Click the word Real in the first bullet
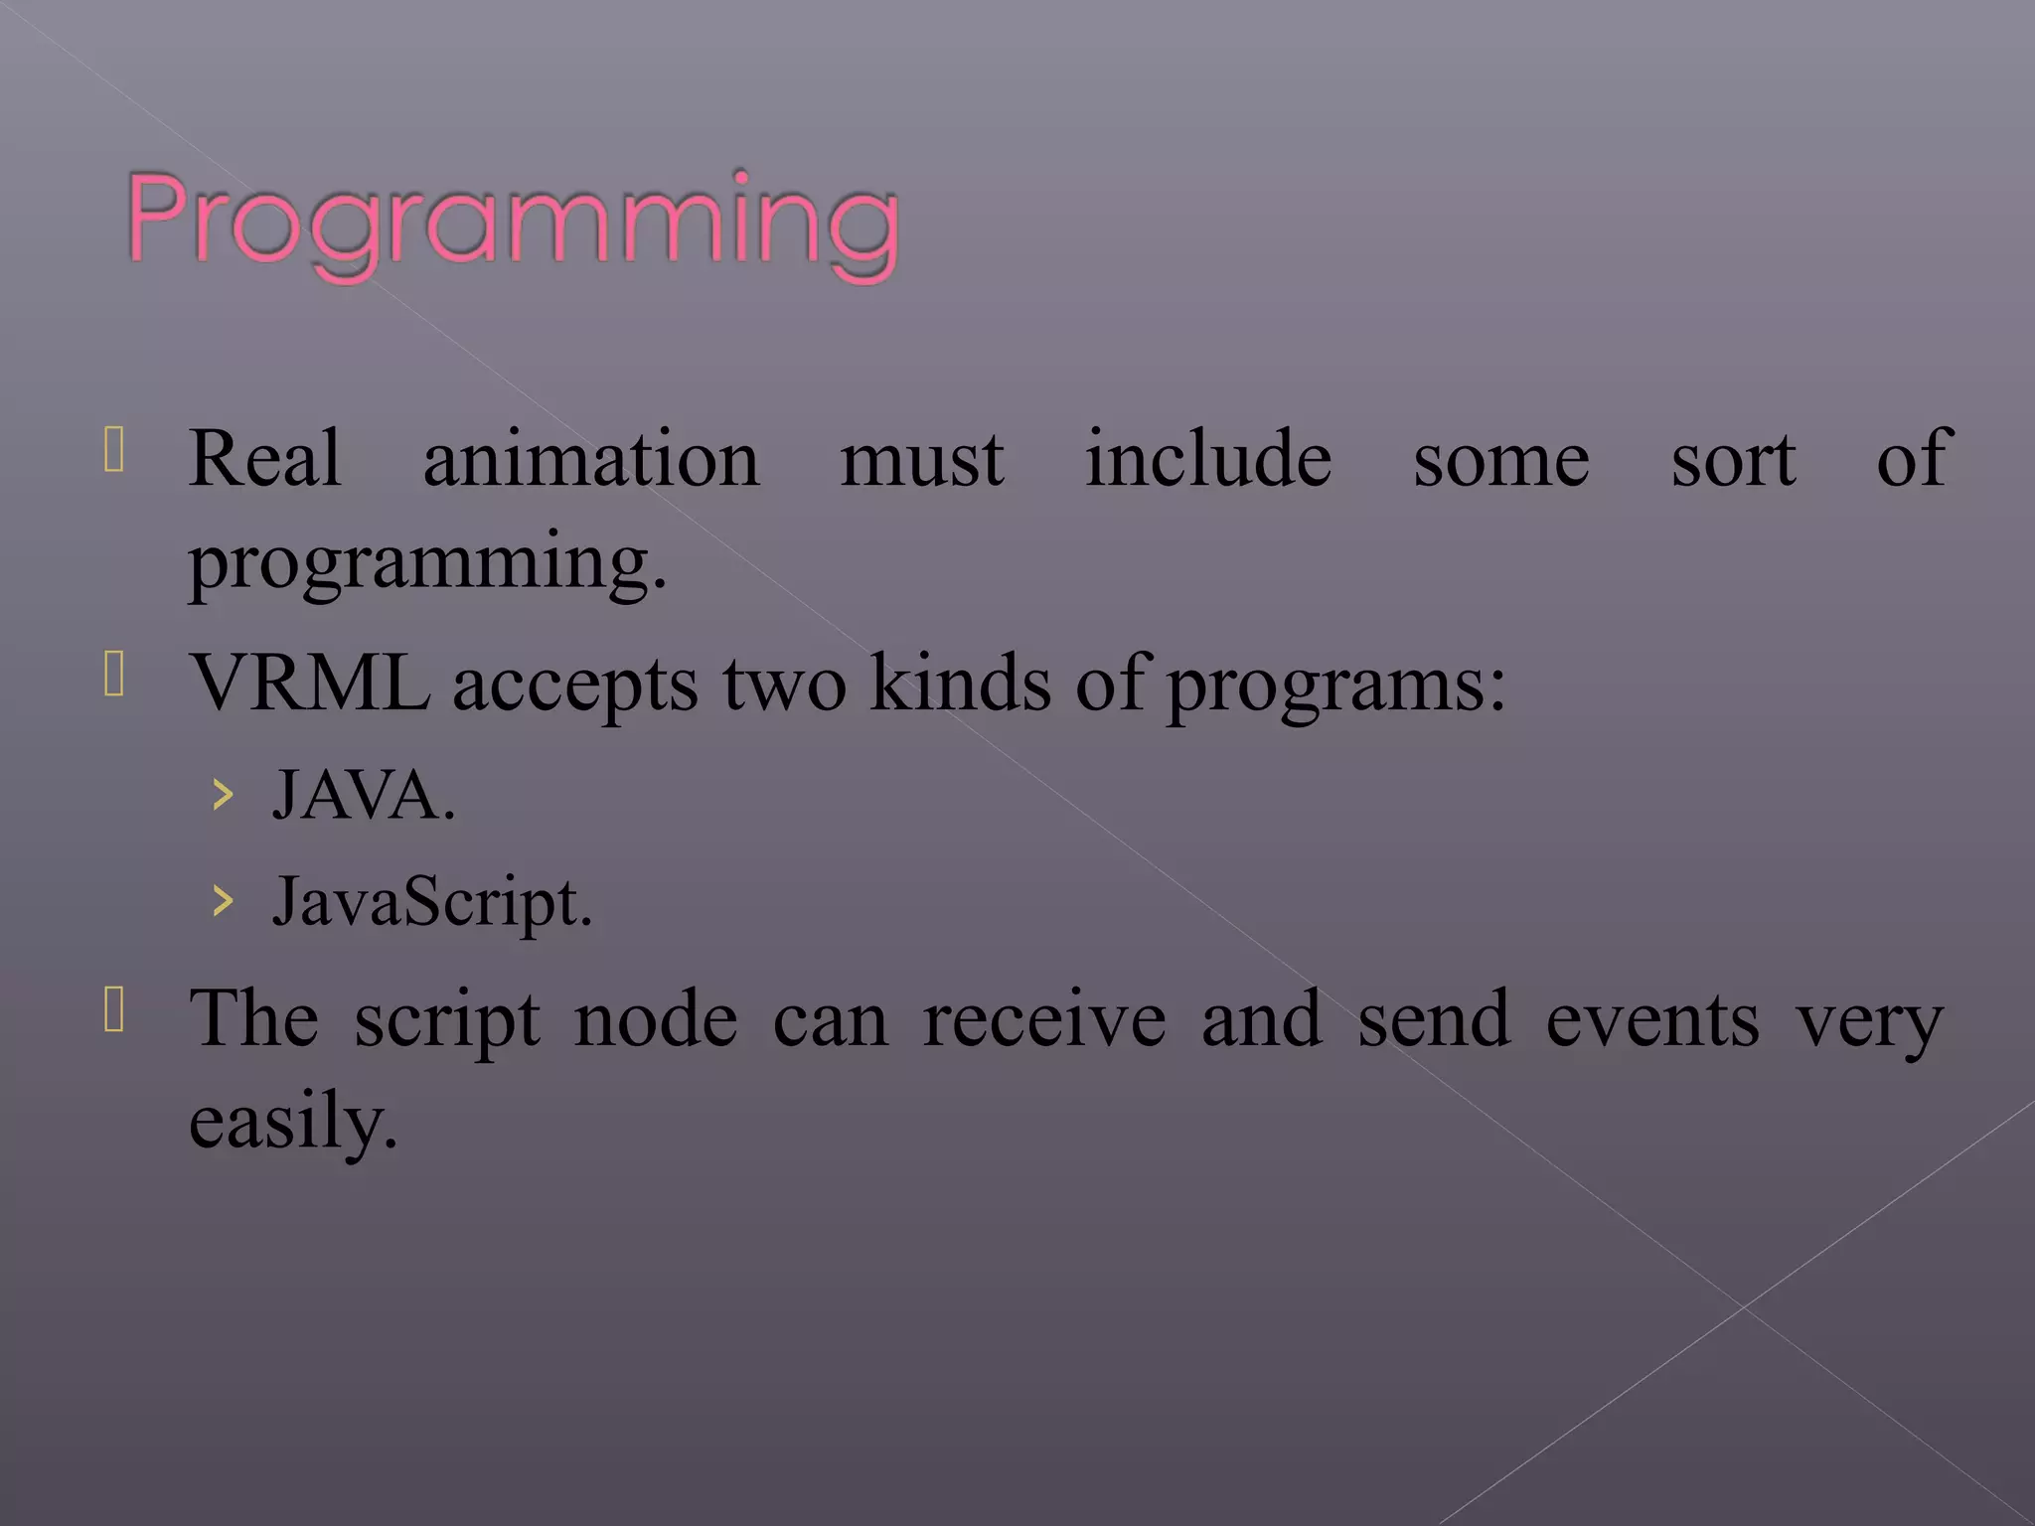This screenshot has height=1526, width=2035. (x=265, y=459)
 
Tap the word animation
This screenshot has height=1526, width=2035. (x=591, y=459)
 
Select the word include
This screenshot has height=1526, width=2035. (x=1207, y=459)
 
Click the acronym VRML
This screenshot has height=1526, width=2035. (x=310, y=684)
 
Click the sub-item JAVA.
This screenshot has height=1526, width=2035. (x=364, y=795)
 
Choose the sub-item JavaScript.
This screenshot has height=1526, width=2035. (x=432, y=902)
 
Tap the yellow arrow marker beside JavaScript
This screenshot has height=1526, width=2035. (x=224, y=901)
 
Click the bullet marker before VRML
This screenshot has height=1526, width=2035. (x=114, y=675)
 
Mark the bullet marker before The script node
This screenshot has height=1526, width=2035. (x=114, y=1010)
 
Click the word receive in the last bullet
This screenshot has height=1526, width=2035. (x=1043, y=1020)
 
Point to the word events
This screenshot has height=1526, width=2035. (x=1651, y=1020)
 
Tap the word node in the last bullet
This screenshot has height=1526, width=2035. (x=656, y=1020)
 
